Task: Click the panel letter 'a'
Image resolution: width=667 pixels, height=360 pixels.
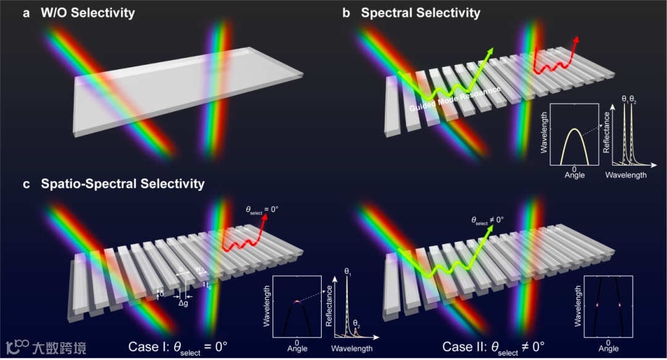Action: pyautogui.click(x=26, y=13)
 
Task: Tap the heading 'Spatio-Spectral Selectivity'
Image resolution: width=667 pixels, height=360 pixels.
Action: pyautogui.click(x=123, y=184)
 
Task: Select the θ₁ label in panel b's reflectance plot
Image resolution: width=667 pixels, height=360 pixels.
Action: pyautogui.click(x=625, y=98)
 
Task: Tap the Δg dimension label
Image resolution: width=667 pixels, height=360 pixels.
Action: pyautogui.click(x=183, y=304)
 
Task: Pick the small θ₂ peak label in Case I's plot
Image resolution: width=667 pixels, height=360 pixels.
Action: pyautogui.click(x=356, y=323)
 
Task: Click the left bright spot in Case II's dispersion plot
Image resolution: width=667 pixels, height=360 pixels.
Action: pyautogui.click(x=598, y=305)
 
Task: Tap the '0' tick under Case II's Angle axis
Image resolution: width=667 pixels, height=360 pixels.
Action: pyautogui.click(x=608, y=341)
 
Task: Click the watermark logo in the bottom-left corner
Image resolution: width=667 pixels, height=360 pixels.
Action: pyautogui.click(x=17, y=346)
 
